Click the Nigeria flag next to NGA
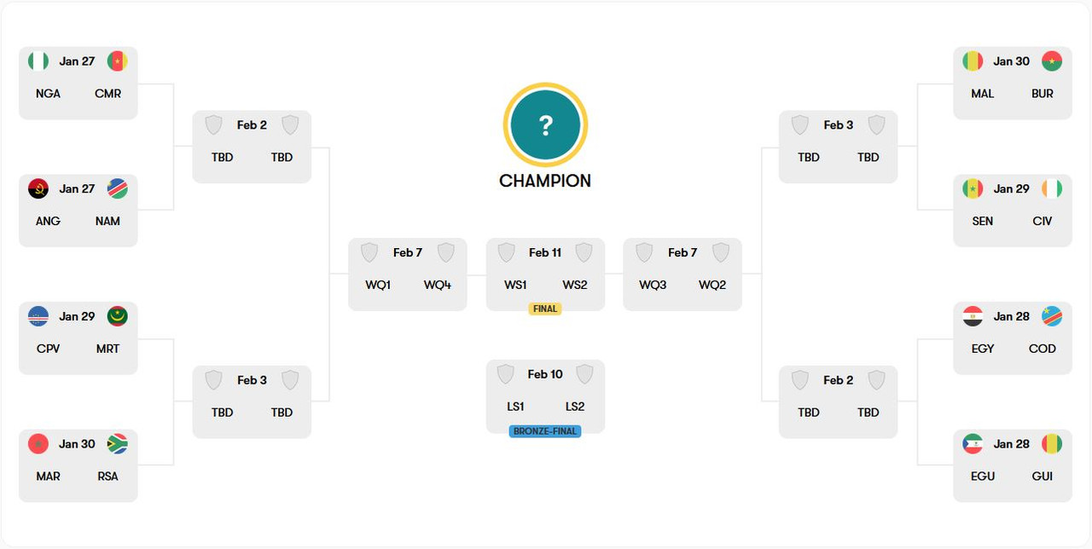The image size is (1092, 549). tap(38, 61)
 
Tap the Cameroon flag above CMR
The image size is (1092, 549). tap(117, 61)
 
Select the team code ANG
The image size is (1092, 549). tap(48, 221)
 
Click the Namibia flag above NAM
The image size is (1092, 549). tap(117, 188)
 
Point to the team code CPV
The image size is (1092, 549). tap(48, 349)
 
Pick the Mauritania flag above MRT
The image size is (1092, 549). tap(117, 316)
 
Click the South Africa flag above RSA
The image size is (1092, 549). tap(117, 444)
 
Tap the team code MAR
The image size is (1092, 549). tap(48, 477)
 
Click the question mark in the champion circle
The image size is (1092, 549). tap(545, 126)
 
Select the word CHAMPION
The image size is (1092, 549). tap(545, 181)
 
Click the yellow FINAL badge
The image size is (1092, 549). tap(545, 309)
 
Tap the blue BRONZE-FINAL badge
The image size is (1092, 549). tap(545, 431)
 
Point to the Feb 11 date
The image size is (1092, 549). tap(545, 252)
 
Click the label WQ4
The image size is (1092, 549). tap(438, 285)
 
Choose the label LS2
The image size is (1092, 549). tap(575, 407)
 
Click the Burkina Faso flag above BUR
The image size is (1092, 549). tap(1051, 61)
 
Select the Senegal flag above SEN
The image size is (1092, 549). tap(973, 188)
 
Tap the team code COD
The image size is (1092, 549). tap(1043, 349)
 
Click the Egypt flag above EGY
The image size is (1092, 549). tap(973, 316)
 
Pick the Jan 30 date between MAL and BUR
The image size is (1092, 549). tap(1012, 61)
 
